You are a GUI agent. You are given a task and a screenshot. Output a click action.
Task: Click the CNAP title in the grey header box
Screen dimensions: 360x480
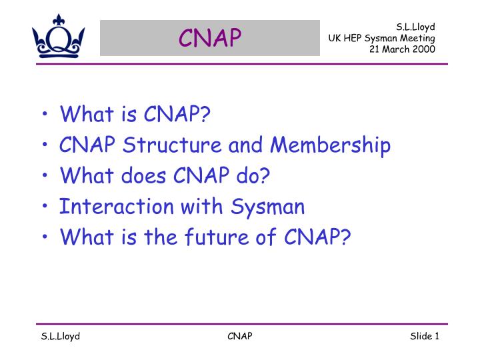[x=210, y=39]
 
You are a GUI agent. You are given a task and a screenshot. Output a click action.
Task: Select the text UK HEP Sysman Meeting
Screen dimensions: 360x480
[x=381, y=38]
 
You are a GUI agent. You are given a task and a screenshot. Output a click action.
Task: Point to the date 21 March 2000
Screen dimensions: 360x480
[x=402, y=49]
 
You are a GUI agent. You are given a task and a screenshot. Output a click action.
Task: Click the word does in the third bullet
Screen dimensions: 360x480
[x=143, y=176]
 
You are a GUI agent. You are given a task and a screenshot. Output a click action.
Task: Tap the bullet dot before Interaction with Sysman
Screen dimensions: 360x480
[x=44, y=208]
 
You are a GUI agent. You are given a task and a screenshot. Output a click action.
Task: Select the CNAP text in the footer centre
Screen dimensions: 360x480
[x=240, y=336]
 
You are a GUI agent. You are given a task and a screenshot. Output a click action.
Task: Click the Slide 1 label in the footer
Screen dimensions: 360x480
[x=424, y=336]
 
